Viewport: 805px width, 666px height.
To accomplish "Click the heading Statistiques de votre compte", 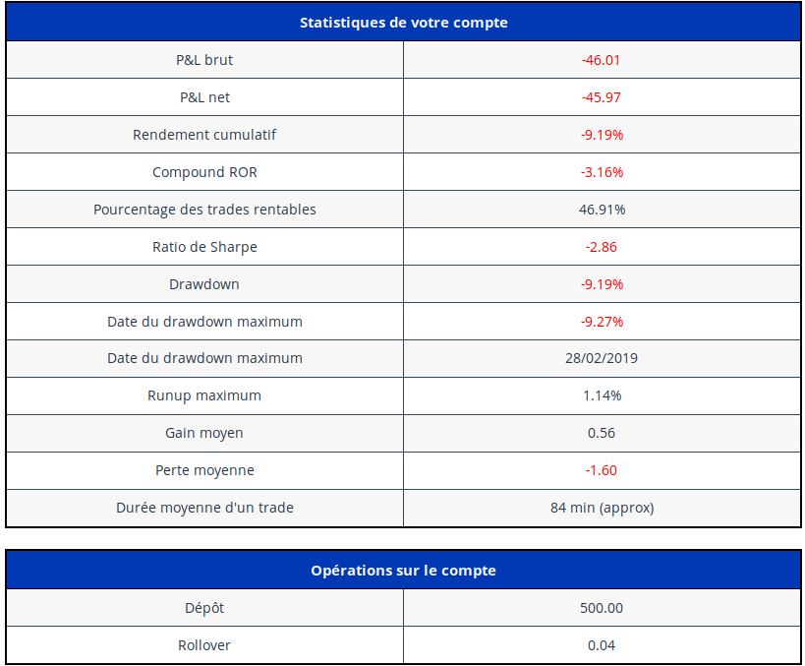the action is (404, 23).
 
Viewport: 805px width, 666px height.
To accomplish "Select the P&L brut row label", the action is (204, 60).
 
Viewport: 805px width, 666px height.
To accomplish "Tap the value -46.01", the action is (602, 60).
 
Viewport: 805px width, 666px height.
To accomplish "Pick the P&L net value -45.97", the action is (602, 97).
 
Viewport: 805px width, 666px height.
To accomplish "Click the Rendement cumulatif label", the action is (204, 135).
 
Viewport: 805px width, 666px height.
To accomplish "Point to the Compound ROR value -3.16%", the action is (602, 172).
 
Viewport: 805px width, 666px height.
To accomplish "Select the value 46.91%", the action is (602, 210).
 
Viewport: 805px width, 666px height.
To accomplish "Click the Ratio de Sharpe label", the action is (204, 247).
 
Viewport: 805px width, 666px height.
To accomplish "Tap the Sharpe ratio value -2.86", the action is (602, 247).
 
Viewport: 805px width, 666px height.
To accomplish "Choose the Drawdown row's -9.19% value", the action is (602, 284).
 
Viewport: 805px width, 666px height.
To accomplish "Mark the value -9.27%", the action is (602, 322).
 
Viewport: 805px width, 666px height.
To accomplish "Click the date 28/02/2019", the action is (602, 358).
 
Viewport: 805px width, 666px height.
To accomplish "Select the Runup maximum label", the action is (204, 395).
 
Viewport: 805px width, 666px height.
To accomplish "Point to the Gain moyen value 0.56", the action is (602, 433).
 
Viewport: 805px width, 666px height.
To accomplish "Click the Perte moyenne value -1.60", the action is (602, 470).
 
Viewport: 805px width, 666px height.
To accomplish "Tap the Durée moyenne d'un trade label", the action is (204, 508).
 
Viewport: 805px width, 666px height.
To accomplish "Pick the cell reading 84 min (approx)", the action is (602, 508).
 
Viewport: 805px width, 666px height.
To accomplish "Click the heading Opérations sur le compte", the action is (404, 571).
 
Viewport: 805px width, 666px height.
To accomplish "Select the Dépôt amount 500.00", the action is (602, 608).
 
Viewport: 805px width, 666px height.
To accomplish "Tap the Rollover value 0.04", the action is (602, 645).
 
